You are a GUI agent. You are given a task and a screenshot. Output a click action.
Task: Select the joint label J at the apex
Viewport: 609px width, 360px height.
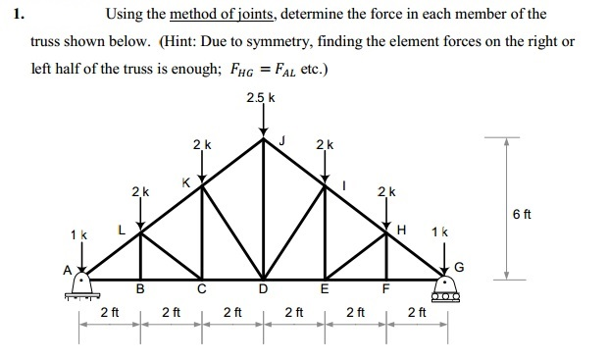(x=283, y=140)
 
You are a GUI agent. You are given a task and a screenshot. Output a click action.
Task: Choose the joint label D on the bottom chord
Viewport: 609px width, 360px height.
(x=263, y=288)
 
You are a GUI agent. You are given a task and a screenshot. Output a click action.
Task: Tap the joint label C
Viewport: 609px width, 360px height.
(x=200, y=288)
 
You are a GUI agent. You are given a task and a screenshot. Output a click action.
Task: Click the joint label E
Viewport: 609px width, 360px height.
(x=326, y=288)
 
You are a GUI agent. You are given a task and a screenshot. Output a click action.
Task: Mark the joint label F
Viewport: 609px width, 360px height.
(x=386, y=288)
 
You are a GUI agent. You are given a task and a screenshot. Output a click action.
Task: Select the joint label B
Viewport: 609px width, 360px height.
(x=139, y=288)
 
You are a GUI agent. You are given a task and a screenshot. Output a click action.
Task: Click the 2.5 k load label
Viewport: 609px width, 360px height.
(x=262, y=97)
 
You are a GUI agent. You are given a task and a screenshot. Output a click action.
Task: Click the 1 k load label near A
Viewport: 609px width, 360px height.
(x=79, y=234)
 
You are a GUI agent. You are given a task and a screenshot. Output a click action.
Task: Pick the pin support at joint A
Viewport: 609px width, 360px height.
(x=80, y=286)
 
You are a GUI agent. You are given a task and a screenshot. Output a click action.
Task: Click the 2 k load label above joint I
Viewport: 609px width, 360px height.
(x=326, y=145)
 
